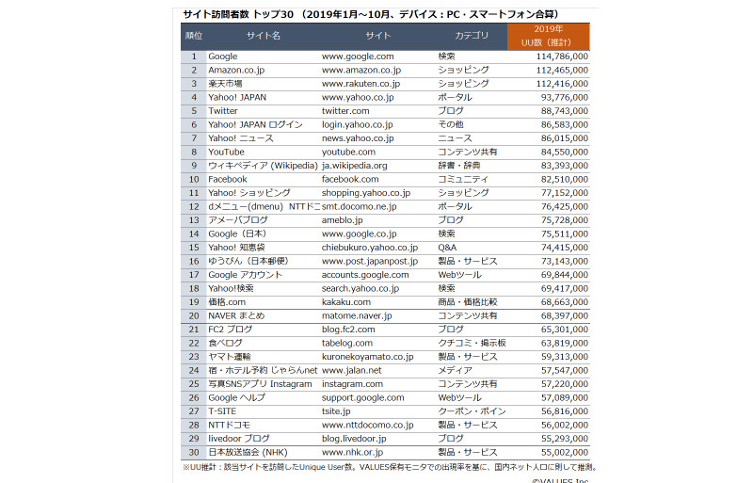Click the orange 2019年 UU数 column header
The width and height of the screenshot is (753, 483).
coord(549,35)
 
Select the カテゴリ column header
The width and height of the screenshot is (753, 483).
coord(472,36)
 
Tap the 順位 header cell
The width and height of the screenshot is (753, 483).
coord(193,36)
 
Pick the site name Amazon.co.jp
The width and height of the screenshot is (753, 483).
coord(235,70)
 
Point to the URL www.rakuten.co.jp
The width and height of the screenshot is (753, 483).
coord(360,84)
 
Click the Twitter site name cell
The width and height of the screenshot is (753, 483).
coord(223,111)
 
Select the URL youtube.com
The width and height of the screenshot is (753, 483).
coord(348,152)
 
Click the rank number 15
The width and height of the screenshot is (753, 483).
coord(193,248)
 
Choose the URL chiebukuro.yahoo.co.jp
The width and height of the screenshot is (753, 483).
coord(369,248)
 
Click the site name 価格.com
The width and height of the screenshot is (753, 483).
coord(226,302)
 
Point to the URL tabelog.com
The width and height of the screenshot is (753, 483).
coord(347,343)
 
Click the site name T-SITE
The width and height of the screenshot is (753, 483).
coord(222,411)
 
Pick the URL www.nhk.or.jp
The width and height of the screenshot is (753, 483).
coord(352,452)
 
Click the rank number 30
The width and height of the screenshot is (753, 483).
coord(193,452)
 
